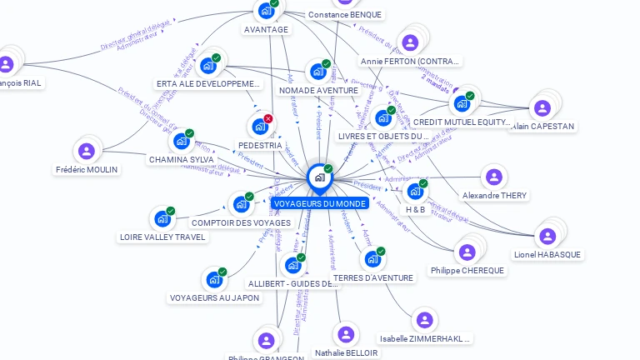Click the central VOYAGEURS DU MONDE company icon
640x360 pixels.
(x=319, y=177)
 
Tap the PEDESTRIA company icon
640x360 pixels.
(x=260, y=127)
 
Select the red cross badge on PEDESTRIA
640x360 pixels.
(x=268, y=119)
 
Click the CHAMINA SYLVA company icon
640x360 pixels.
(x=182, y=141)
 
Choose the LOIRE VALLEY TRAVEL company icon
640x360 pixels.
(x=162, y=219)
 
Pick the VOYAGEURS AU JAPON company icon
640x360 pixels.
(x=214, y=280)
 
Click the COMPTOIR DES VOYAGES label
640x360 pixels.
(x=241, y=222)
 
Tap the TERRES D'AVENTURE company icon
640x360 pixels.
(x=372, y=259)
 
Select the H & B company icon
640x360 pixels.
(x=415, y=191)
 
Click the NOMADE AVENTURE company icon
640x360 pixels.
(x=318, y=72)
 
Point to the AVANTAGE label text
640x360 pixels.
(x=266, y=30)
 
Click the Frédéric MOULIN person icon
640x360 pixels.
(x=87, y=152)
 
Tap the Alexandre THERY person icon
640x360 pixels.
(x=494, y=177)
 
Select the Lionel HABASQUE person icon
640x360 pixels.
(x=547, y=237)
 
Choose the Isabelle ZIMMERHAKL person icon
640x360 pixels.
(x=425, y=320)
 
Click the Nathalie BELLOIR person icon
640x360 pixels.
(x=346, y=334)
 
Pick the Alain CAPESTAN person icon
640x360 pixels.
(x=542, y=108)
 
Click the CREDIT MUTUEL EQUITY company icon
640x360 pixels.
(x=461, y=104)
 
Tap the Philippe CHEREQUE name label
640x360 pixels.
(x=467, y=271)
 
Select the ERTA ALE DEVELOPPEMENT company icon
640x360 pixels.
(x=208, y=66)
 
